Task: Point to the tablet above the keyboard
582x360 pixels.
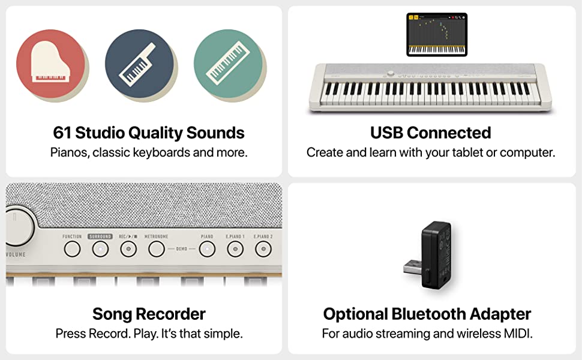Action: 437,35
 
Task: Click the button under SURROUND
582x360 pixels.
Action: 100,249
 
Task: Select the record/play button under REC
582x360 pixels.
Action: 128,249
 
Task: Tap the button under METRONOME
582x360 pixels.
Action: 157,249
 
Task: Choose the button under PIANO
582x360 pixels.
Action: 207,249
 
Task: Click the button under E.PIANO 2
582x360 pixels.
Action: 263,249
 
